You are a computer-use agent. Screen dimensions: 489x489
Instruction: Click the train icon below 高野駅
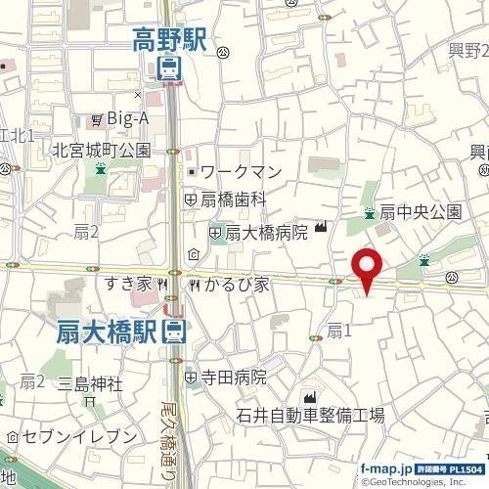coord(169,67)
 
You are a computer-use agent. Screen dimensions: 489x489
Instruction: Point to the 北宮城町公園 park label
coord(101,151)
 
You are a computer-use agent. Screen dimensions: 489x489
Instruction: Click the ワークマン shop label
coord(241,172)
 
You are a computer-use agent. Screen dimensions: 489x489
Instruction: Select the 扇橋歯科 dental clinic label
coord(234,198)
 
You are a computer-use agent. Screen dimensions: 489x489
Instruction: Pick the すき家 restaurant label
coord(129,284)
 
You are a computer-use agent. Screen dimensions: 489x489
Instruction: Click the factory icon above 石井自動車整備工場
coord(312,396)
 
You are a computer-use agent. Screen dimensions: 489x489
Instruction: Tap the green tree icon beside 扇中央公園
coord(369,211)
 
